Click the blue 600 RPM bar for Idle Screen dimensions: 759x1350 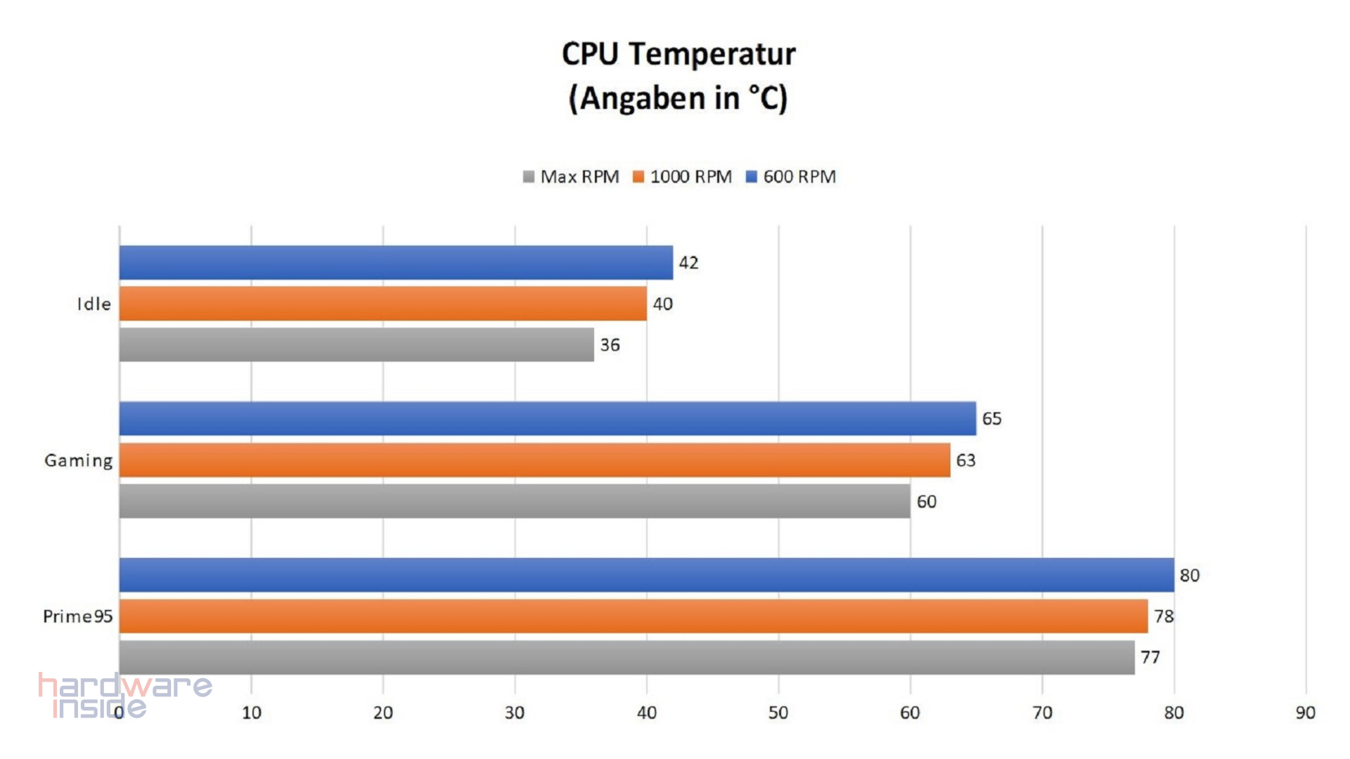[396, 263]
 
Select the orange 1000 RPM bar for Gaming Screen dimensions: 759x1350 [534, 460]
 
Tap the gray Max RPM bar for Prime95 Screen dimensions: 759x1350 [626, 658]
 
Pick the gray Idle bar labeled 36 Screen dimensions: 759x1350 [356, 345]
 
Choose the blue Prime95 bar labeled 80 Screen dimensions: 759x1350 [646, 575]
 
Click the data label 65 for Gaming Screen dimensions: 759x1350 [991, 419]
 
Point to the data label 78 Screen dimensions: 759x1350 [1164, 616]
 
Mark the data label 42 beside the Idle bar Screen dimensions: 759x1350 [688, 263]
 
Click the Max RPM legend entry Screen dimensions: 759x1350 [571, 177]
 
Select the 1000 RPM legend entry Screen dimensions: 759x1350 [682, 177]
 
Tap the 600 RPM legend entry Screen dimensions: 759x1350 [791, 177]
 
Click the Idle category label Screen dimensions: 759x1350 [94, 304]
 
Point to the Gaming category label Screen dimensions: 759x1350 [78, 461]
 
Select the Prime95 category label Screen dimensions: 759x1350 [77, 616]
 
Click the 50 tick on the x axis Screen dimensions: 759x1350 [778, 713]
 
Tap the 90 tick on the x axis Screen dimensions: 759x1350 [1305, 713]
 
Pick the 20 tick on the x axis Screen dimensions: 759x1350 [382, 713]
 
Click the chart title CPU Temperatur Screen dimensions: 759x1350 [679, 54]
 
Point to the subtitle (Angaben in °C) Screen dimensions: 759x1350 [679, 98]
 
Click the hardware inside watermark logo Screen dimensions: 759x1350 [125, 695]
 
